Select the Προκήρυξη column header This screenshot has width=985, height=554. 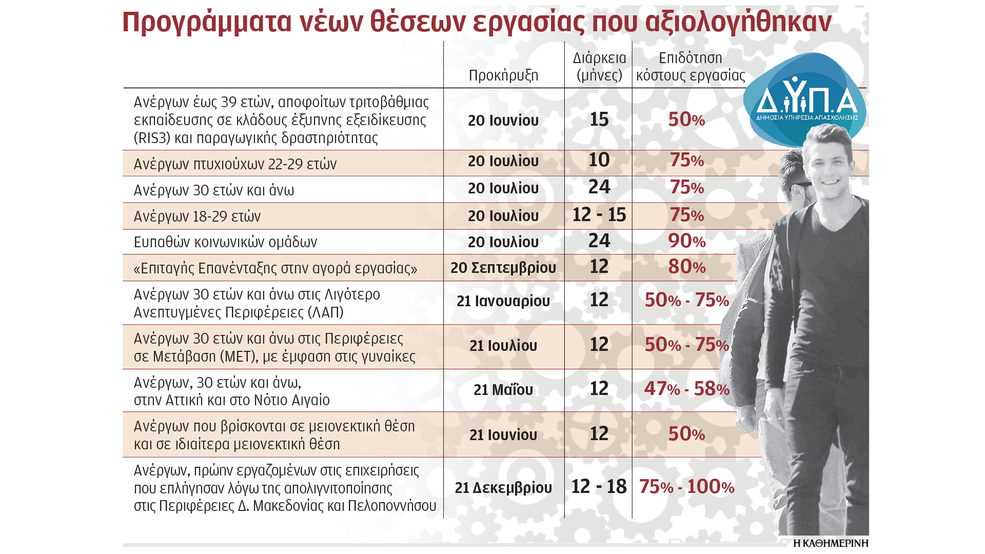pyautogui.click(x=503, y=75)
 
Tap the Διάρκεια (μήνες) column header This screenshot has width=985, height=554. pyautogui.click(x=599, y=67)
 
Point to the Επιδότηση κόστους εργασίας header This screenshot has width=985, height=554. pyautogui.click(x=691, y=67)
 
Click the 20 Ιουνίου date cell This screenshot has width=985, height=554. pyautogui.click(x=503, y=121)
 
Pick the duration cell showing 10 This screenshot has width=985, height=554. pyautogui.click(x=599, y=160)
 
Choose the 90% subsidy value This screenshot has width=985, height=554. pyautogui.click(x=686, y=241)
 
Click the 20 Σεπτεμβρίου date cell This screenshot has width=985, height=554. pyautogui.click(x=503, y=268)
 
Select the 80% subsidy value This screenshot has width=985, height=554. pyautogui.click(x=686, y=267)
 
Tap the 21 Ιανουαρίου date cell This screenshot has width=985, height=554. pyautogui.click(x=503, y=301)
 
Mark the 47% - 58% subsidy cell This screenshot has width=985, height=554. pyautogui.click(x=686, y=389)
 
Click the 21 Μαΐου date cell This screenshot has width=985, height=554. pyautogui.click(x=503, y=390)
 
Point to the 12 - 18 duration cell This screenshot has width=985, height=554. pyautogui.click(x=599, y=486)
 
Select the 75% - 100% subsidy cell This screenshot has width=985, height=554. pyautogui.click(x=686, y=487)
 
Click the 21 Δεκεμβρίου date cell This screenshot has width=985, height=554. pyautogui.click(x=503, y=488)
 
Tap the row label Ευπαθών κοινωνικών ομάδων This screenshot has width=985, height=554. pyautogui.click(x=225, y=242)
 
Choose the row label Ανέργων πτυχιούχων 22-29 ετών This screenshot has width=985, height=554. pyautogui.click(x=235, y=164)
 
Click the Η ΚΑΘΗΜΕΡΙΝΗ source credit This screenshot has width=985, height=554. pyautogui.click(x=831, y=543)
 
